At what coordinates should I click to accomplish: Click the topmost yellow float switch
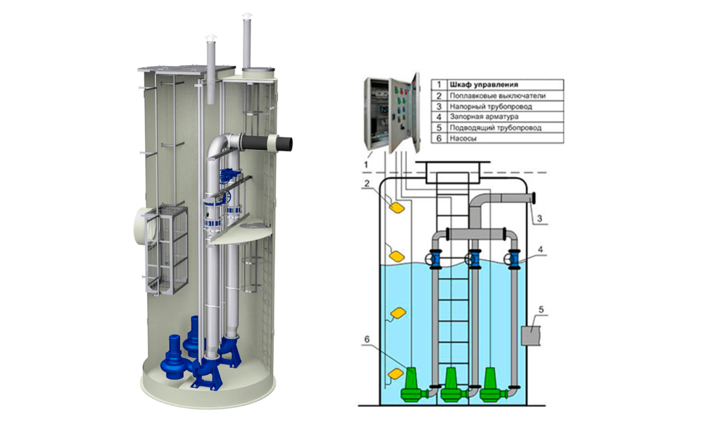click(x=397, y=207)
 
